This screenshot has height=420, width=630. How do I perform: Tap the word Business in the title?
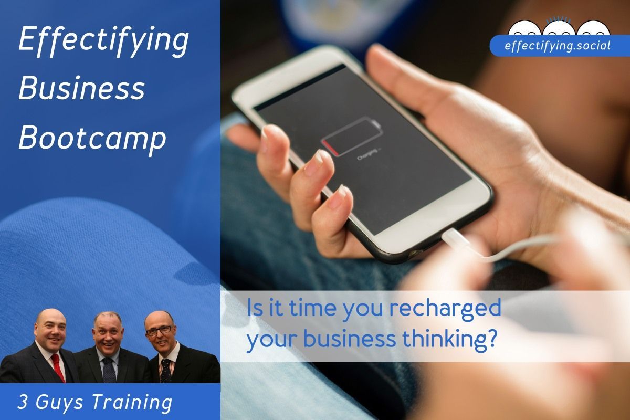[x=81, y=89]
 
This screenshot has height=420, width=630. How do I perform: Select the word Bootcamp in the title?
[x=92, y=138]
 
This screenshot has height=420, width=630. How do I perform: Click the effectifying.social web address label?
[x=558, y=46]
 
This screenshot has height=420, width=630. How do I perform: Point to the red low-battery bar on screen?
[x=329, y=144]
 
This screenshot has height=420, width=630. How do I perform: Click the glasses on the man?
[x=159, y=330]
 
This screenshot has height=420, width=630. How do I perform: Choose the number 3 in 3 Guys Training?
[x=23, y=403]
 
